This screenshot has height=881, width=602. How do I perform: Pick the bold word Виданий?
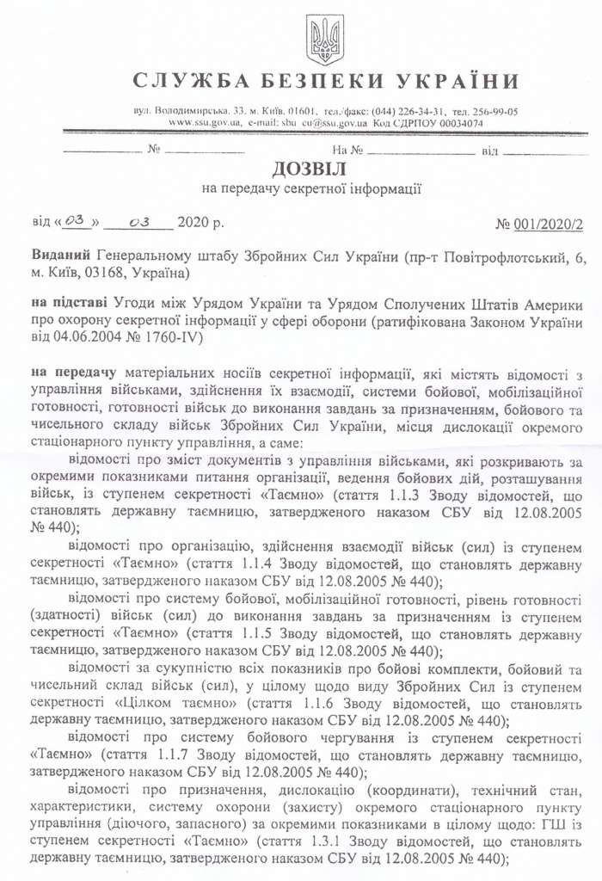[61, 258]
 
